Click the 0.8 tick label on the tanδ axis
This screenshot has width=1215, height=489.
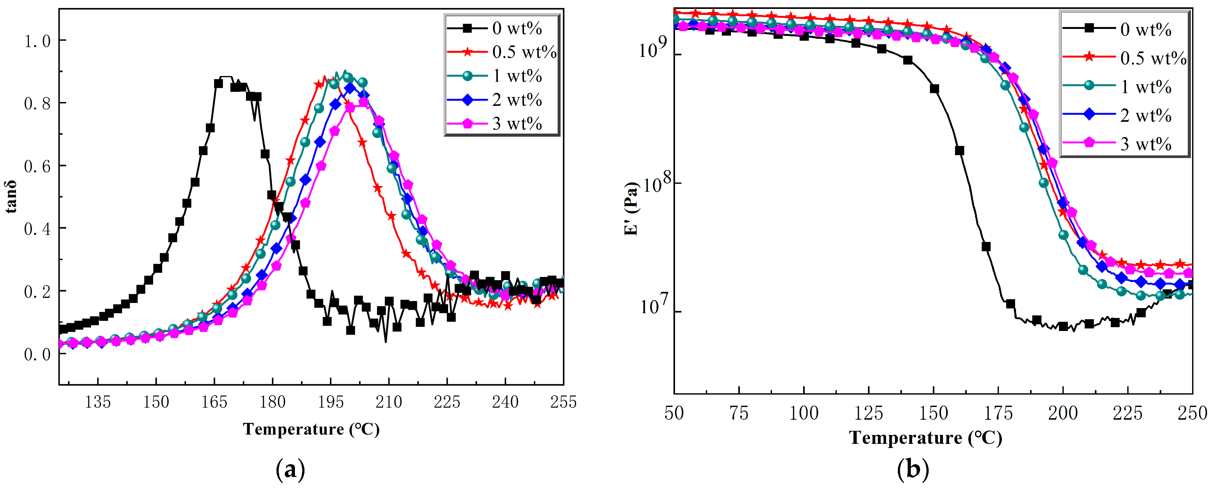[x=37, y=103]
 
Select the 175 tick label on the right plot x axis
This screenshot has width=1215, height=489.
[x=998, y=413]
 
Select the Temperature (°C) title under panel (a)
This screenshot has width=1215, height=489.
[x=311, y=429]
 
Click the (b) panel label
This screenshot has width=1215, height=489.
[x=913, y=470]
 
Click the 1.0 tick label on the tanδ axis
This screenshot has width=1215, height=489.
[x=37, y=41]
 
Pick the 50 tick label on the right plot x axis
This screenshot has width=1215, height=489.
[x=674, y=413]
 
